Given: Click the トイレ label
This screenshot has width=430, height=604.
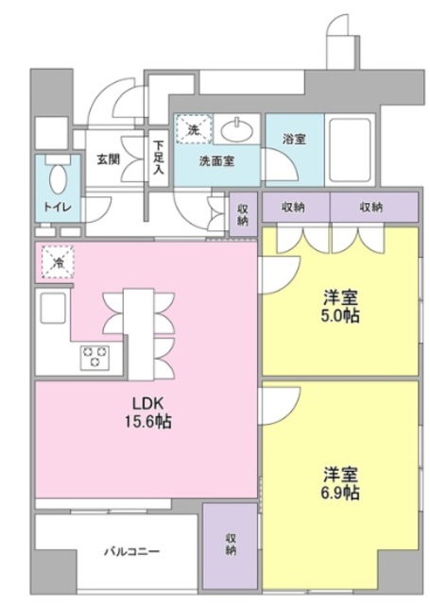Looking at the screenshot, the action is (58, 207).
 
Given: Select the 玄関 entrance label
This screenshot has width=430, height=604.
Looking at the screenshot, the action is (109, 159).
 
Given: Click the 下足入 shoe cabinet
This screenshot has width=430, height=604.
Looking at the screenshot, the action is (158, 158).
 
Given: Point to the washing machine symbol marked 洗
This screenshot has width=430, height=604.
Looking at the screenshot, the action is (194, 128).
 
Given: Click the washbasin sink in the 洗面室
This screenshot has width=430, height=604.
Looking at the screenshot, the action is (237, 129).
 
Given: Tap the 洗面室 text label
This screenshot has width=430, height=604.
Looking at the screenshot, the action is (216, 161).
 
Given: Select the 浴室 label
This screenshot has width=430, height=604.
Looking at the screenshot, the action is (294, 139).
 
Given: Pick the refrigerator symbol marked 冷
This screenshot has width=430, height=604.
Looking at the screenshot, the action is (58, 262).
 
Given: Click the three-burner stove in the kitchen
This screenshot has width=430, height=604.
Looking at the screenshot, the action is (95, 357).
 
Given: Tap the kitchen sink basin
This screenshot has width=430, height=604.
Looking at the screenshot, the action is (53, 308).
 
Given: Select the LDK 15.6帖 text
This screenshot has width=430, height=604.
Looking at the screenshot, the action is (148, 413).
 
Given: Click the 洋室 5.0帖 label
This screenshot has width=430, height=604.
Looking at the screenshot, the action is (341, 307).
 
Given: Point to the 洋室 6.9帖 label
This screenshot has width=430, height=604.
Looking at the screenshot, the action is (341, 483).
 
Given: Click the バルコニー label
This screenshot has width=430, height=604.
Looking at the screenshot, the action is (132, 551).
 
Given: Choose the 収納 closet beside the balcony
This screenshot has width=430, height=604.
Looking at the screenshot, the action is (231, 545).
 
